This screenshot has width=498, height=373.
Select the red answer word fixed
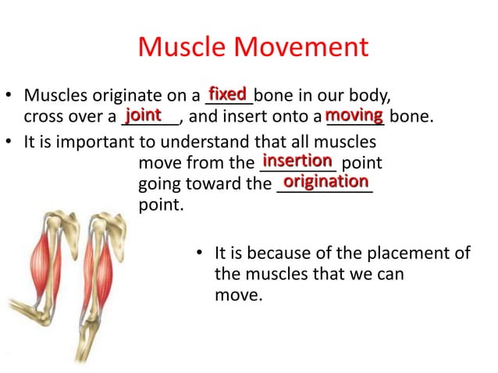pyautogui.click(x=228, y=94)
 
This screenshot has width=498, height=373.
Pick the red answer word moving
pyautogui.click(x=354, y=115)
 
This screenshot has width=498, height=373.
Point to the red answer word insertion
pyautogui.click(x=297, y=160)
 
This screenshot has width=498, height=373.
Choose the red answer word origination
pyautogui.click(x=325, y=181)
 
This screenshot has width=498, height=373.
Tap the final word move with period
pyautogui.click(x=238, y=297)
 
